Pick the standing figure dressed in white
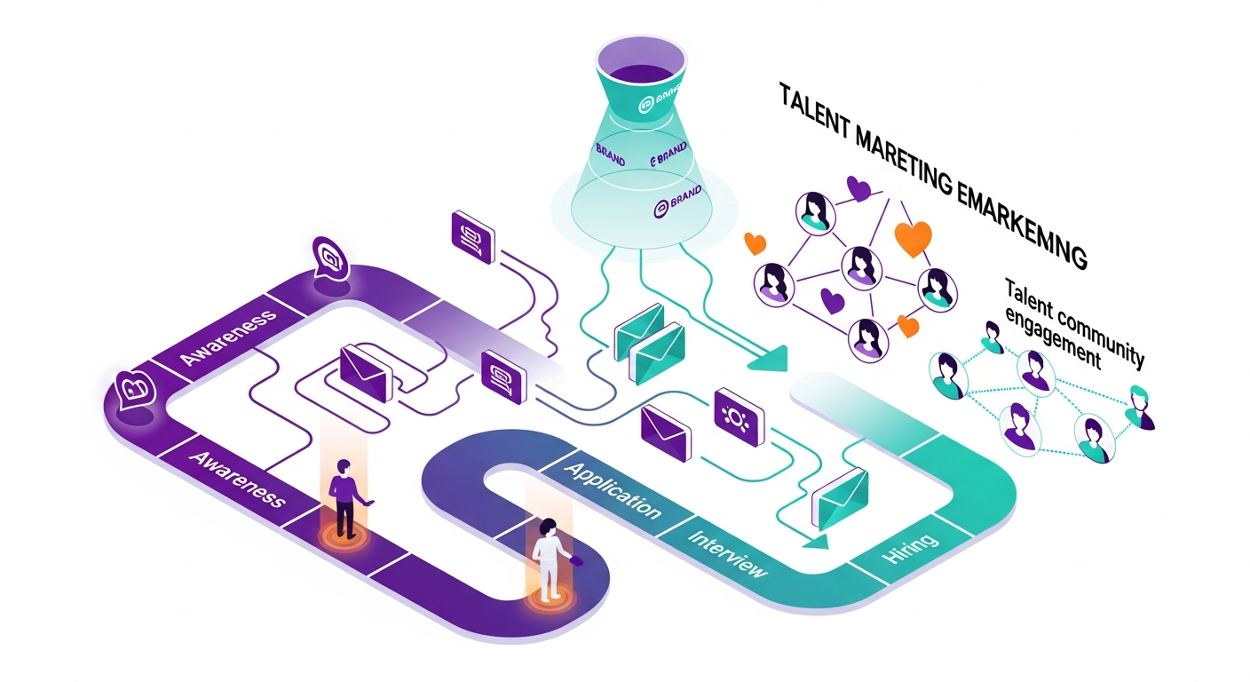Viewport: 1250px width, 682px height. click(x=548, y=559)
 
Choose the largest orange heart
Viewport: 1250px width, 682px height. click(x=914, y=238)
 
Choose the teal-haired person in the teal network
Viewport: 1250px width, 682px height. click(x=1139, y=406)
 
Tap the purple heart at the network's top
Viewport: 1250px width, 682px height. click(x=858, y=188)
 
